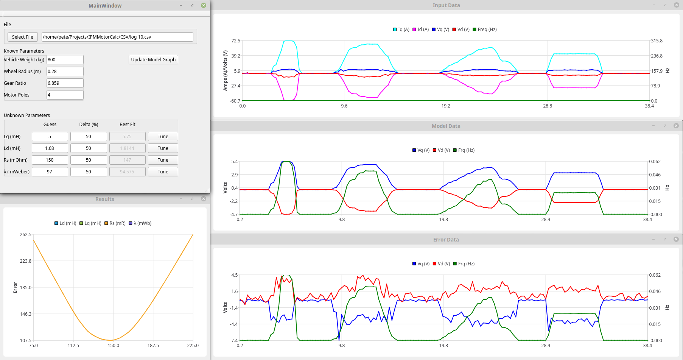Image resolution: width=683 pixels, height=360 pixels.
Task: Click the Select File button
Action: point(22,37)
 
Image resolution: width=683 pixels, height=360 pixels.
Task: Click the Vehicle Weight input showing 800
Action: point(65,59)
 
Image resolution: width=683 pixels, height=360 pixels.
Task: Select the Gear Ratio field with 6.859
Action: point(65,83)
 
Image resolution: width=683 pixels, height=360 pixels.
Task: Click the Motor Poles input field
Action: point(65,95)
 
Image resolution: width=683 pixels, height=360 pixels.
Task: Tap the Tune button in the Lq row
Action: point(163,136)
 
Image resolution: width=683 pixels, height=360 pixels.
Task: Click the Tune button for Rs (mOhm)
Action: point(163,160)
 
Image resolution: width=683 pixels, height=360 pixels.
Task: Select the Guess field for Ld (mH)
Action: point(50,148)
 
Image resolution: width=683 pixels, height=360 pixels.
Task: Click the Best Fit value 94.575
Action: point(127,171)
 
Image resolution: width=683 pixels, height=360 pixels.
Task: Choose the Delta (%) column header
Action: point(89,124)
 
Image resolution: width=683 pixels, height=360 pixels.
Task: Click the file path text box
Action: point(117,37)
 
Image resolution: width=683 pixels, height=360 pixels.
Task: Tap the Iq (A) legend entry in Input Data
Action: point(401,29)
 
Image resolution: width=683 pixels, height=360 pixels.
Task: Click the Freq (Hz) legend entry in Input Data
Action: point(485,29)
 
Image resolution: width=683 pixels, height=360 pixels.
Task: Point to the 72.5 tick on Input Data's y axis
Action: point(236,41)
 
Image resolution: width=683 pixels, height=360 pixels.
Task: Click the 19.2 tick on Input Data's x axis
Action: point(446,106)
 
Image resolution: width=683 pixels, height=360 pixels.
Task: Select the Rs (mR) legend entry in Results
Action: point(115,223)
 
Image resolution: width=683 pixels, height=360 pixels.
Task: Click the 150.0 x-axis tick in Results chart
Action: point(113,345)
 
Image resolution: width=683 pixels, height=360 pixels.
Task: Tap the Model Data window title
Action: point(446,126)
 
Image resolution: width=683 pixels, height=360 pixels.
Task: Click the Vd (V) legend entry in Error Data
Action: point(441,263)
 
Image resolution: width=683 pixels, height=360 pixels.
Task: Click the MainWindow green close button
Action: point(204,5)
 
